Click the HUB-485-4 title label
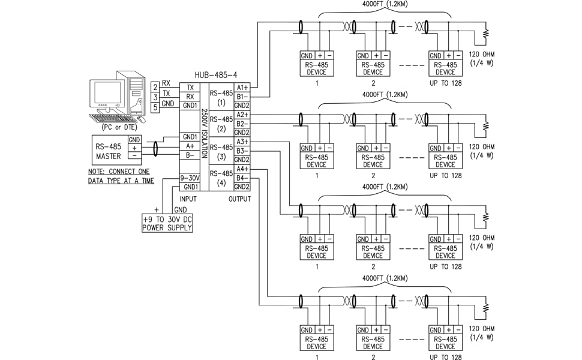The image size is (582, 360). (x=216, y=76)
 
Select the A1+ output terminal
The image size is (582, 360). (x=242, y=88)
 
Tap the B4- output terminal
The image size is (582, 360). (x=242, y=178)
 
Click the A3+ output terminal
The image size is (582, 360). (x=242, y=142)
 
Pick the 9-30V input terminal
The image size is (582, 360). (x=190, y=178)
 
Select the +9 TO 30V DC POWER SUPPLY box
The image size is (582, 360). (x=167, y=223)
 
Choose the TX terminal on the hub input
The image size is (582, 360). (x=190, y=88)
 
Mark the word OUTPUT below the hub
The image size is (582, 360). (x=239, y=199)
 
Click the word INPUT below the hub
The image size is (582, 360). (x=188, y=199)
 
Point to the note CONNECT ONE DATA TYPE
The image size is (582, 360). (x=121, y=176)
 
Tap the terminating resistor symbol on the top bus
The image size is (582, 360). (x=486, y=32)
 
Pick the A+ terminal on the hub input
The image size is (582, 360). (x=190, y=146)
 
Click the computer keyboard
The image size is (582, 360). (x=111, y=117)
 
